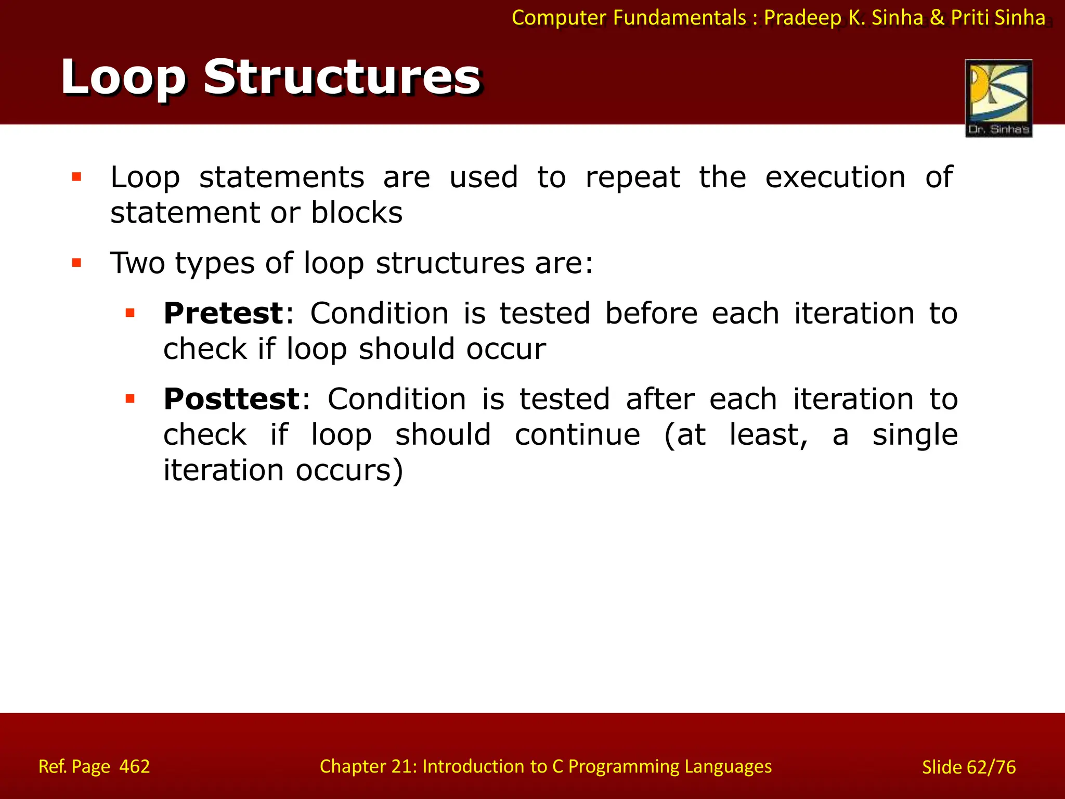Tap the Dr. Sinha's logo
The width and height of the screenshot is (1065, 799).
pos(998,98)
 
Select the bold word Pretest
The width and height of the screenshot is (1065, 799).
pos(224,313)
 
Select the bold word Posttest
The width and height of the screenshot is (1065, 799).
pos(232,399)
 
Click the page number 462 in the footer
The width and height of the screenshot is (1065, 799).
pos(135,766)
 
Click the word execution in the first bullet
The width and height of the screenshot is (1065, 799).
pos(835,177)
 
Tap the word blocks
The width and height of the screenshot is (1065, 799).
pos(357,213)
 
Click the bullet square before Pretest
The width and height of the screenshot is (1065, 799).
pos(130,313)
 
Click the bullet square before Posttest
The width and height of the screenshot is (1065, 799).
pos(130,399)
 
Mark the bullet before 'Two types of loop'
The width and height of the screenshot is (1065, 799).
pos(77,263)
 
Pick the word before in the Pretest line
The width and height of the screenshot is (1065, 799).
pos(651,313)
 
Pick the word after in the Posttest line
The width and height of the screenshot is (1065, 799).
pos(660,399)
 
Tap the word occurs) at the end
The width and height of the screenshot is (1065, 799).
pos(349,470)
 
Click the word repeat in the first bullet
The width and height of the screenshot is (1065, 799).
pos(632,177)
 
